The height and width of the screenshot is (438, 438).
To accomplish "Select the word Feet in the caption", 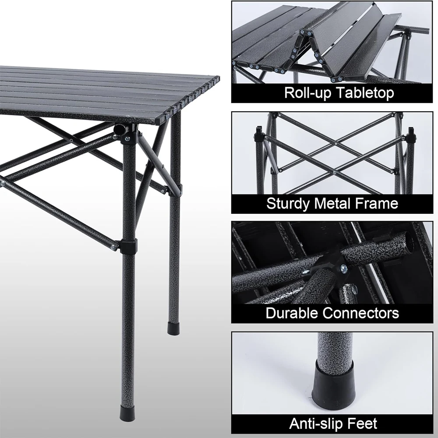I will pyautogui.click(x=363, y=423).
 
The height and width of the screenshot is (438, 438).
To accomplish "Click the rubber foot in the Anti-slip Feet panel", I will pyautogui.click(x=333, y=379).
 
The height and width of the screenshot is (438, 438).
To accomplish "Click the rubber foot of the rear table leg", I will pyautogui.click(x=173, y=328).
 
